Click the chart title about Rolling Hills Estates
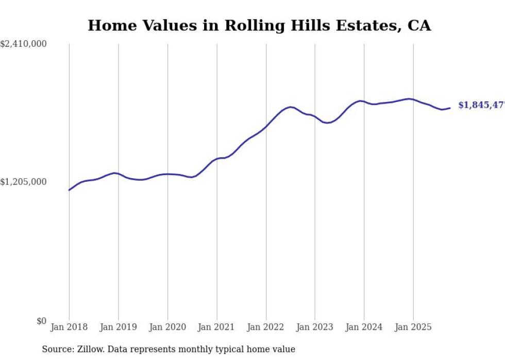(x=259, y=25)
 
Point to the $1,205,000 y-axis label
(x=24, y=182)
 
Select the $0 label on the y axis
(x=41, y=321)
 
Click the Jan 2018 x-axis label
(x=69, y=327)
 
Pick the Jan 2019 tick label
(x=119, y=327)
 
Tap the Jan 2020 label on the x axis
(x=167, y=327)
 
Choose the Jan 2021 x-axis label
(x=216, y=327)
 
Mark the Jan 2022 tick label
(x=266, y=327)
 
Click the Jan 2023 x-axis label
(x=315, y=327)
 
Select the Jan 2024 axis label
(x=364, y=327)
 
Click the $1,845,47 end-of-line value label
(x=481, y=105)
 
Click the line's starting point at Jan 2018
(x=69, y=190)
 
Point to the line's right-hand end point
(x=450, y=108)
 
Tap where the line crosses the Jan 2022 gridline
(x=266, y=127)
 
